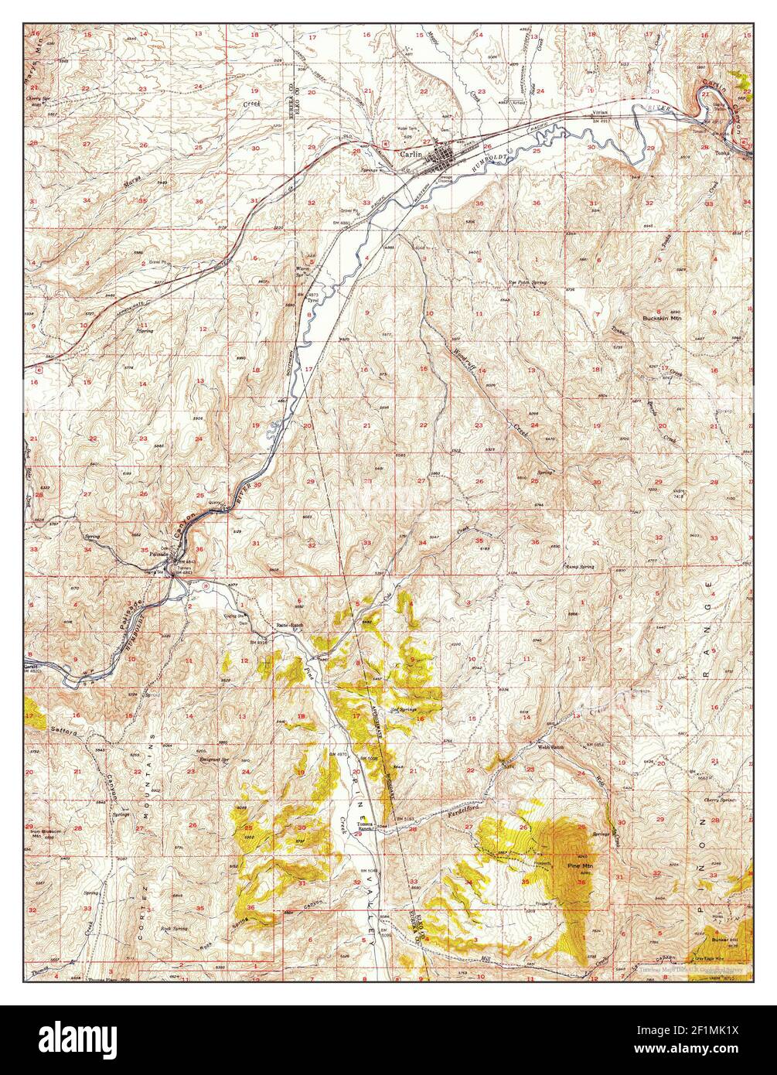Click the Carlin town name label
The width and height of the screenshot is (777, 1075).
click(x=409, y=154)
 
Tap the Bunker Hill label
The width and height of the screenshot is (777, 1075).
click(x=724, y=940)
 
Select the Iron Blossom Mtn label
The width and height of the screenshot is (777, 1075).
click(x=46, y=834)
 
